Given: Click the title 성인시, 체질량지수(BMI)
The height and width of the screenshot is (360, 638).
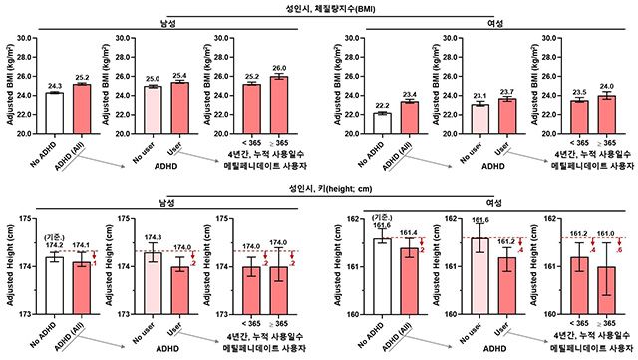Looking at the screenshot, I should [319, 8].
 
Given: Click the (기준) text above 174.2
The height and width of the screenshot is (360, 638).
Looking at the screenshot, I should [54, 237].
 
